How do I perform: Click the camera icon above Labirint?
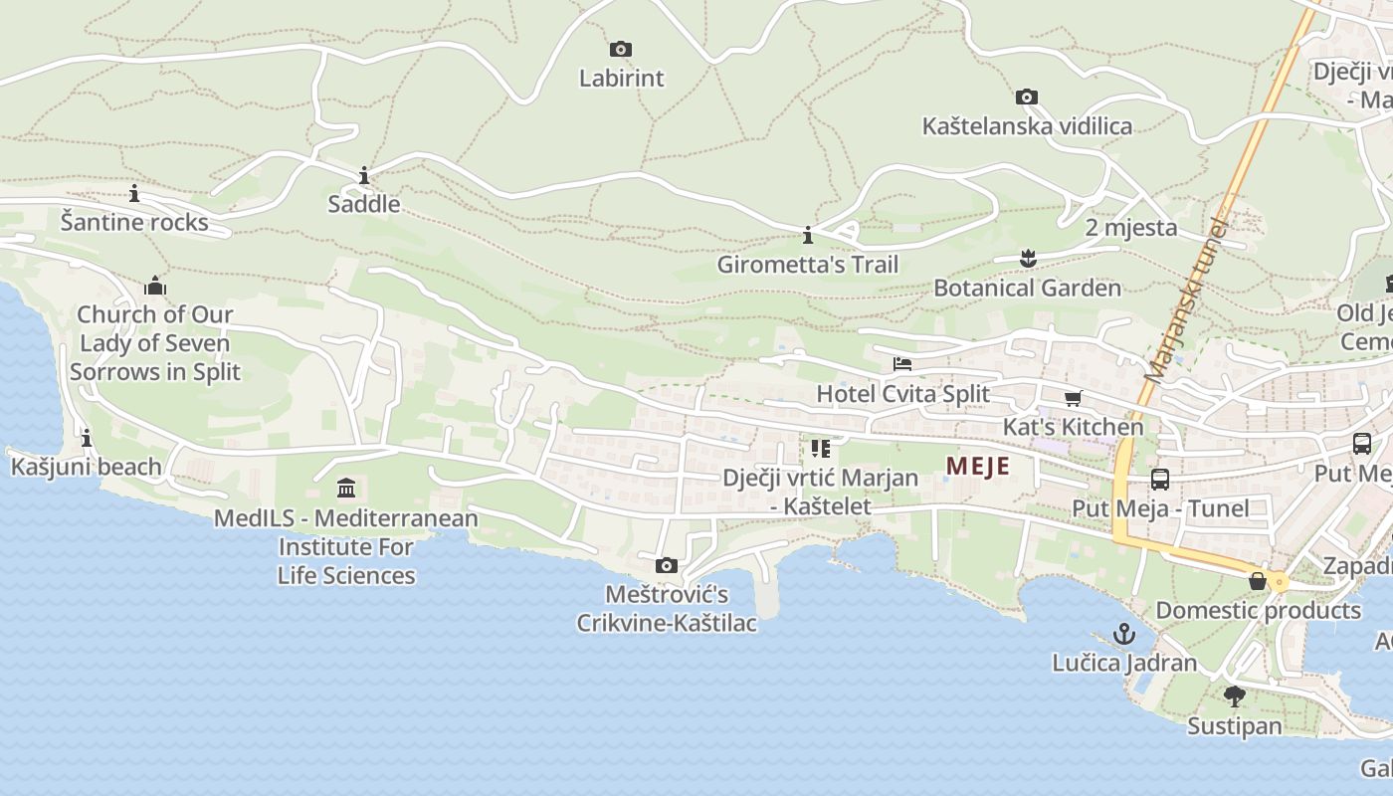(621, 49)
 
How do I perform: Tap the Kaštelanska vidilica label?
(1027, 126)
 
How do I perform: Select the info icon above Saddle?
(364, 176)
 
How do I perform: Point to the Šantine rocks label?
(134, 222)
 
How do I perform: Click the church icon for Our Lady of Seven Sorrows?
(155, 287)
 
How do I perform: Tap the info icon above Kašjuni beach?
(87, 438)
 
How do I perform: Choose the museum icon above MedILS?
(346, 489)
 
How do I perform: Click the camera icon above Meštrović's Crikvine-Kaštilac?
(667, 566)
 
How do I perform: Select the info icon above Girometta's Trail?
(808, 236)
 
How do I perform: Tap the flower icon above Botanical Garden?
(1028, 259)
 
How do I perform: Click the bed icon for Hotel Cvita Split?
(902, 364)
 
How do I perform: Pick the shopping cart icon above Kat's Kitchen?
(1073, 399)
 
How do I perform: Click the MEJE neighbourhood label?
(977, 466)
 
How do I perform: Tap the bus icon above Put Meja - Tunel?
(1160, 480)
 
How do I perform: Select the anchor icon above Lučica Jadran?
(1124, 634)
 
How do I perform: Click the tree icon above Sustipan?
(1235, 696)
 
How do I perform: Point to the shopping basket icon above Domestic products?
(1258, 581)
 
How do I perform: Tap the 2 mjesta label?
(1131, 228)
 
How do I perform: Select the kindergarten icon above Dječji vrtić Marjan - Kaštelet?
(820, 449)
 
